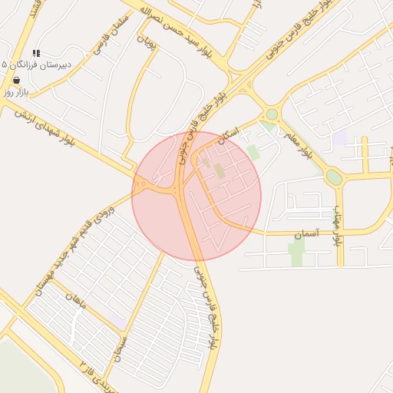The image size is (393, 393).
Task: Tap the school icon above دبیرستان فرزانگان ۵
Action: [x=36, y=54]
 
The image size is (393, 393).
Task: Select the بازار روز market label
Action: [x=15, y=91]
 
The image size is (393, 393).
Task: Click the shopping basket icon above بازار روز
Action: [x=17, y=80]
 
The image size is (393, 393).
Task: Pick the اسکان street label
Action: [x=229, y=135]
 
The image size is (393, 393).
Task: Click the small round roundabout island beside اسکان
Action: [x=272, y=114]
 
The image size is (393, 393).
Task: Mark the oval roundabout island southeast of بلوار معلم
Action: [x=334, y=177]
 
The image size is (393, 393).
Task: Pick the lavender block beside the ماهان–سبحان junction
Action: [x=116, y=319]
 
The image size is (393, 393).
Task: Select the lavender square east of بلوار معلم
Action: [x=339, y=138]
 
